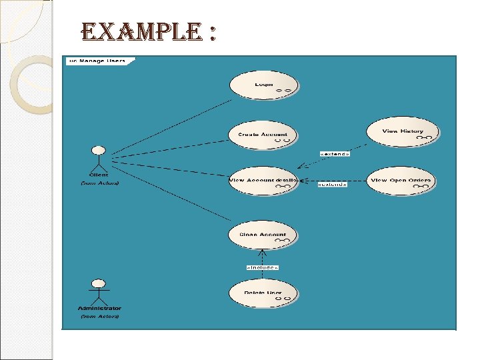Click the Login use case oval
pos(263,86)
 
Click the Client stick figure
pos(99,159)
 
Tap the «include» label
pos(263,267)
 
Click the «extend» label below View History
pos(335,154)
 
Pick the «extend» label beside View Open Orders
pos(332,185)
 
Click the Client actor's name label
pos(99,175)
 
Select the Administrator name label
pos(99,308)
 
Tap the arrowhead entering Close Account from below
pos(263,252)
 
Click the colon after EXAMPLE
pos(211,33)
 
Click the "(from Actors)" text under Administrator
pos(99,316)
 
